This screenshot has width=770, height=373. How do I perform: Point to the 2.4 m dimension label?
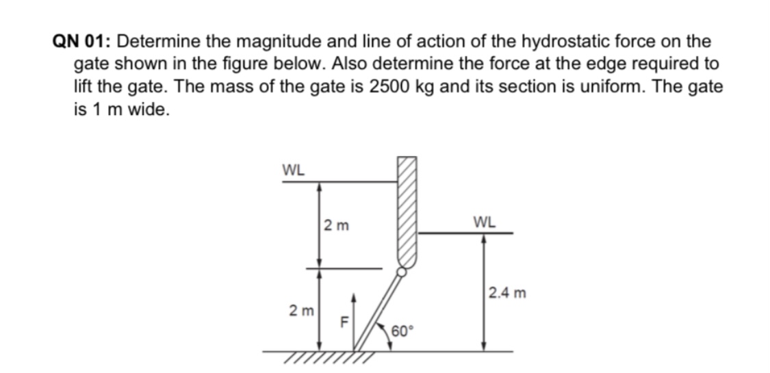508,294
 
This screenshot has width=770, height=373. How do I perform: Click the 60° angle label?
403,332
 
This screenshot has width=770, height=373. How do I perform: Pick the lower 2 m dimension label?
302,311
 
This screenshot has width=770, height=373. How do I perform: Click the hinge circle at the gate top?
402,272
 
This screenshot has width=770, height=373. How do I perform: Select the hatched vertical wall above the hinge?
406,212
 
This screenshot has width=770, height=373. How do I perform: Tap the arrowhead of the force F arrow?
354,298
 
